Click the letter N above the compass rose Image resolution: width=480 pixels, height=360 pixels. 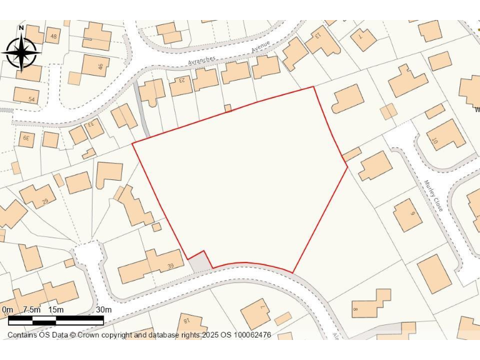pos(21,27)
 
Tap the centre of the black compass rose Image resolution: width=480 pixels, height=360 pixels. pos(21,52)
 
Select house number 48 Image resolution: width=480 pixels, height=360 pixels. pos(53,37)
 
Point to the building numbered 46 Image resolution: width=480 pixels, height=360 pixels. pos(99,66)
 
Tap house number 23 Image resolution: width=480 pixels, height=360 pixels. pos(182,80)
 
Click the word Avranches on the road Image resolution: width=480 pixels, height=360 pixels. pos(202,60)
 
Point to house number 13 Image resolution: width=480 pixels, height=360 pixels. pos(317,34)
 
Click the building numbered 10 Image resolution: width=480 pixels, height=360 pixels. pos(435,142)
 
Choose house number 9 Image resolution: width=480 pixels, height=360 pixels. pos(412,214)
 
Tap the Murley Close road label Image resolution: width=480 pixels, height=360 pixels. pos(433,196)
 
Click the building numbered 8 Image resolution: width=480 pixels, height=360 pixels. pos(355,309)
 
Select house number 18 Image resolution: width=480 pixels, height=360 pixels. pos(186,321)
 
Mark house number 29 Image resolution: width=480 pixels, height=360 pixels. pos(44,201)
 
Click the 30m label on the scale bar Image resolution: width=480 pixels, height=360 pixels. pos(103,310)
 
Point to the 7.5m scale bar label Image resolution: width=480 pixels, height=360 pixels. pos(31,310)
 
